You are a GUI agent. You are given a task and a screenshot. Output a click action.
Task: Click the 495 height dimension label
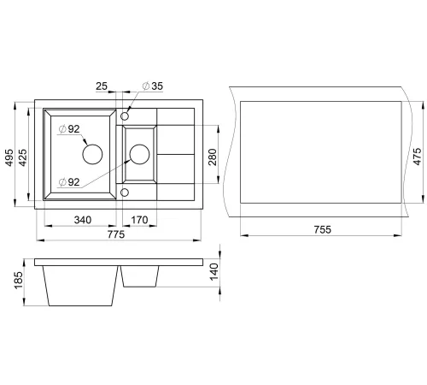(x=9, y=157)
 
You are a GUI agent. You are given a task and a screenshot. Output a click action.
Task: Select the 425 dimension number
(x=22, y=157)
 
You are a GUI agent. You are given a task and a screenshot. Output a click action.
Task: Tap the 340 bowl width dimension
(x=83, y=220)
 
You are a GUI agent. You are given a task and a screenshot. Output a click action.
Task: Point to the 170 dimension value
(x=139, y=220)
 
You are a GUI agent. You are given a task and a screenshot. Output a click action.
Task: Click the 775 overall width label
(x=116, y=234)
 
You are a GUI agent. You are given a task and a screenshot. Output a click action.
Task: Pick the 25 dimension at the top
(x=102, y=86)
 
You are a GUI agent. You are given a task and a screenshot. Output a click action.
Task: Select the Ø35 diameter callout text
(x=153, y=86)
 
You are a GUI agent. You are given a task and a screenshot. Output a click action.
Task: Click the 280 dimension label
(x=213, y=157)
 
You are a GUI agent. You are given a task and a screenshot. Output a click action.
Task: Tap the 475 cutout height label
(x=418, y=157)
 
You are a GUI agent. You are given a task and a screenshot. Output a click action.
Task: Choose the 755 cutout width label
(x=323, y=229)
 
